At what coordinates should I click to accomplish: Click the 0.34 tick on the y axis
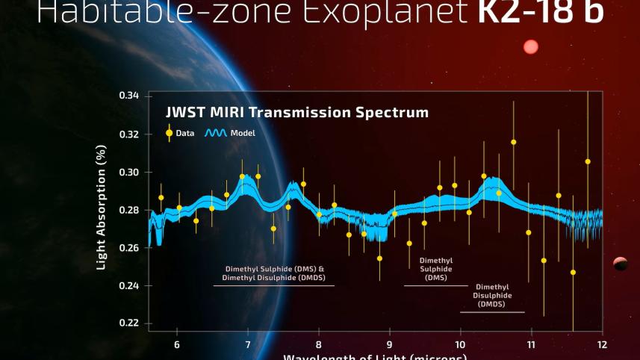click(x=128, y=96)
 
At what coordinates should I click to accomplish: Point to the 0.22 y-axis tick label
click(x=128, y=323)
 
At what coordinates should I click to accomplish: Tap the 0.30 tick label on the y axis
click(x=128, y=172)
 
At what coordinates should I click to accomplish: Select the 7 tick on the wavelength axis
click(x=248, y=344)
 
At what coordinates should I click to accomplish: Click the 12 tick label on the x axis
click(x=601, y=344)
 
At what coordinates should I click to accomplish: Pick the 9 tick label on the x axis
click(x=389, y=344)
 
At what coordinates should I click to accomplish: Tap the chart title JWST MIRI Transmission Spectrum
click(x=296, y=113)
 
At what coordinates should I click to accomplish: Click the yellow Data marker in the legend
click(x=170, y=133)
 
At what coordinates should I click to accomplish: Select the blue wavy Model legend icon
click(x=216, y=133)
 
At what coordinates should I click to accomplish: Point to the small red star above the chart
click(x=530, y=47)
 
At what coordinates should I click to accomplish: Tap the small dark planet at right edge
click(x=620, y=263)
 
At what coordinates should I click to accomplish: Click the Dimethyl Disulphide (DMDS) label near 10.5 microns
click(x=491, y=295)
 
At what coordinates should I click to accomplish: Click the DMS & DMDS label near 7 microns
click(x=273, y=273)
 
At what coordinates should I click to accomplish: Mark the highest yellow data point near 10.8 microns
click(x=513, y=142)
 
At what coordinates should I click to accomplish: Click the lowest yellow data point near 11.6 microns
click(x=573, y=272)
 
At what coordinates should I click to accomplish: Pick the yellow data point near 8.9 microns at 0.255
click(x=379, y=258)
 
